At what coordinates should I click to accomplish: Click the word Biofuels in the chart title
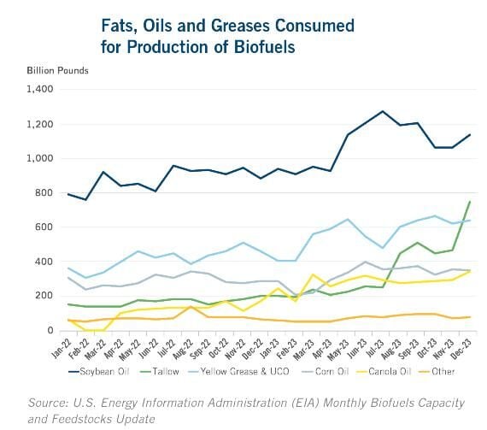pos(264,47)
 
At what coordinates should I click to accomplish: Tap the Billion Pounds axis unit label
pos(57,71)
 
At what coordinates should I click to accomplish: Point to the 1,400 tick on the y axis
pos(40,90)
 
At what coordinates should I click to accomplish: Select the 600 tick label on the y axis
pos(44,227)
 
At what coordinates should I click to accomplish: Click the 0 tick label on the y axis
pos(50,330)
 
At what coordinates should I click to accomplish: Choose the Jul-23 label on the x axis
pos(374,348)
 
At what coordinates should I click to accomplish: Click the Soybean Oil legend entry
pos(99,372)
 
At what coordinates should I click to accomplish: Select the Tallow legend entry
pos(161,372)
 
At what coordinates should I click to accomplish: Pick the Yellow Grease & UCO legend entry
pos(239,372)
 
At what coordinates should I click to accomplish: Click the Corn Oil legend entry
pos(326,372)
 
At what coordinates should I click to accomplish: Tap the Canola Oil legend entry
pos(384,372)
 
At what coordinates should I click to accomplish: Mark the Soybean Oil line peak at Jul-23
pos(383,111)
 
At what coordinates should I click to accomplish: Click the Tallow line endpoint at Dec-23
pos(469,202)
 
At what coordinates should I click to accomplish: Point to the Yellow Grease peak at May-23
pos(348,220)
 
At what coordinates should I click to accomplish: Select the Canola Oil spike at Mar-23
pos(313,274)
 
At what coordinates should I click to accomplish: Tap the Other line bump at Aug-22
pos(191,307)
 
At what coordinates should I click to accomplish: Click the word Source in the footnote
pos(48,403)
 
